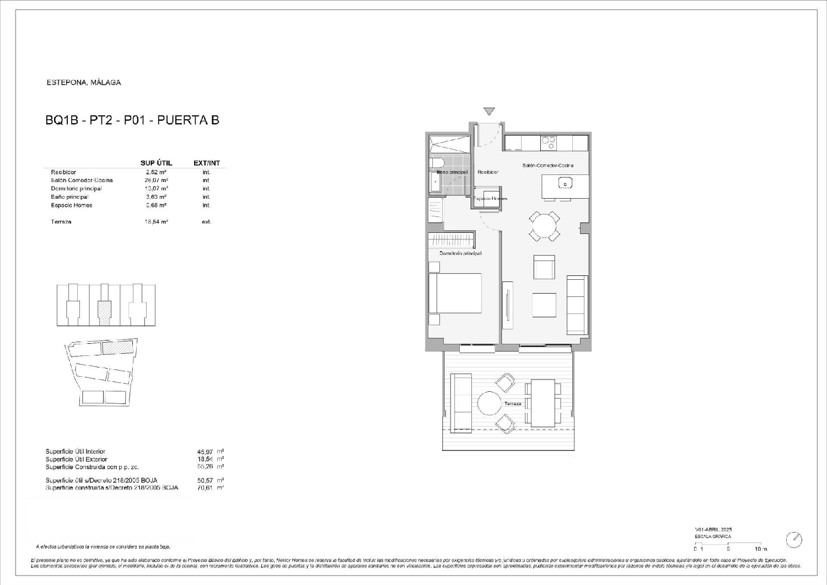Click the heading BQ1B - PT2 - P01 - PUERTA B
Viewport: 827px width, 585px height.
(132, 120)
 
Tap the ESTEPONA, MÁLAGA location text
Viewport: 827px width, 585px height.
(84, 83)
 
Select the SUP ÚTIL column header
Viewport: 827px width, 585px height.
(156, 163)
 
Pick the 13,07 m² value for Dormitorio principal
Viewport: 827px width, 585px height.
(156, 189)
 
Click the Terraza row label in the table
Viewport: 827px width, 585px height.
(61, 222)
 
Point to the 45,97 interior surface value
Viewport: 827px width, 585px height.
(197, 451)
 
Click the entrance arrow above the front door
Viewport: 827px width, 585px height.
(489, 111)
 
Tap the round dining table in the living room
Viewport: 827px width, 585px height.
(544, 225)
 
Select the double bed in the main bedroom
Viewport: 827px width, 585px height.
(455, 294)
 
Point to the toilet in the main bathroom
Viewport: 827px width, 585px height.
(437, 166)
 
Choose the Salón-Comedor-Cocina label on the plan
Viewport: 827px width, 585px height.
(547, 166)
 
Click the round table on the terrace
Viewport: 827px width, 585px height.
(488, 403)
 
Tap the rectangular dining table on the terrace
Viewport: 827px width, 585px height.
(543, 403)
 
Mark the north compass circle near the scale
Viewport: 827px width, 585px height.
(794, 539)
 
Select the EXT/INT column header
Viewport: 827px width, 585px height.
(207, 163)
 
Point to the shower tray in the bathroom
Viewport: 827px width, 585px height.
(449, 144)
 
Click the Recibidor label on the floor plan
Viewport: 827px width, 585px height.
(488, 172)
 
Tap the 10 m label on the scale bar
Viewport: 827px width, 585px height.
(761, 549)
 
